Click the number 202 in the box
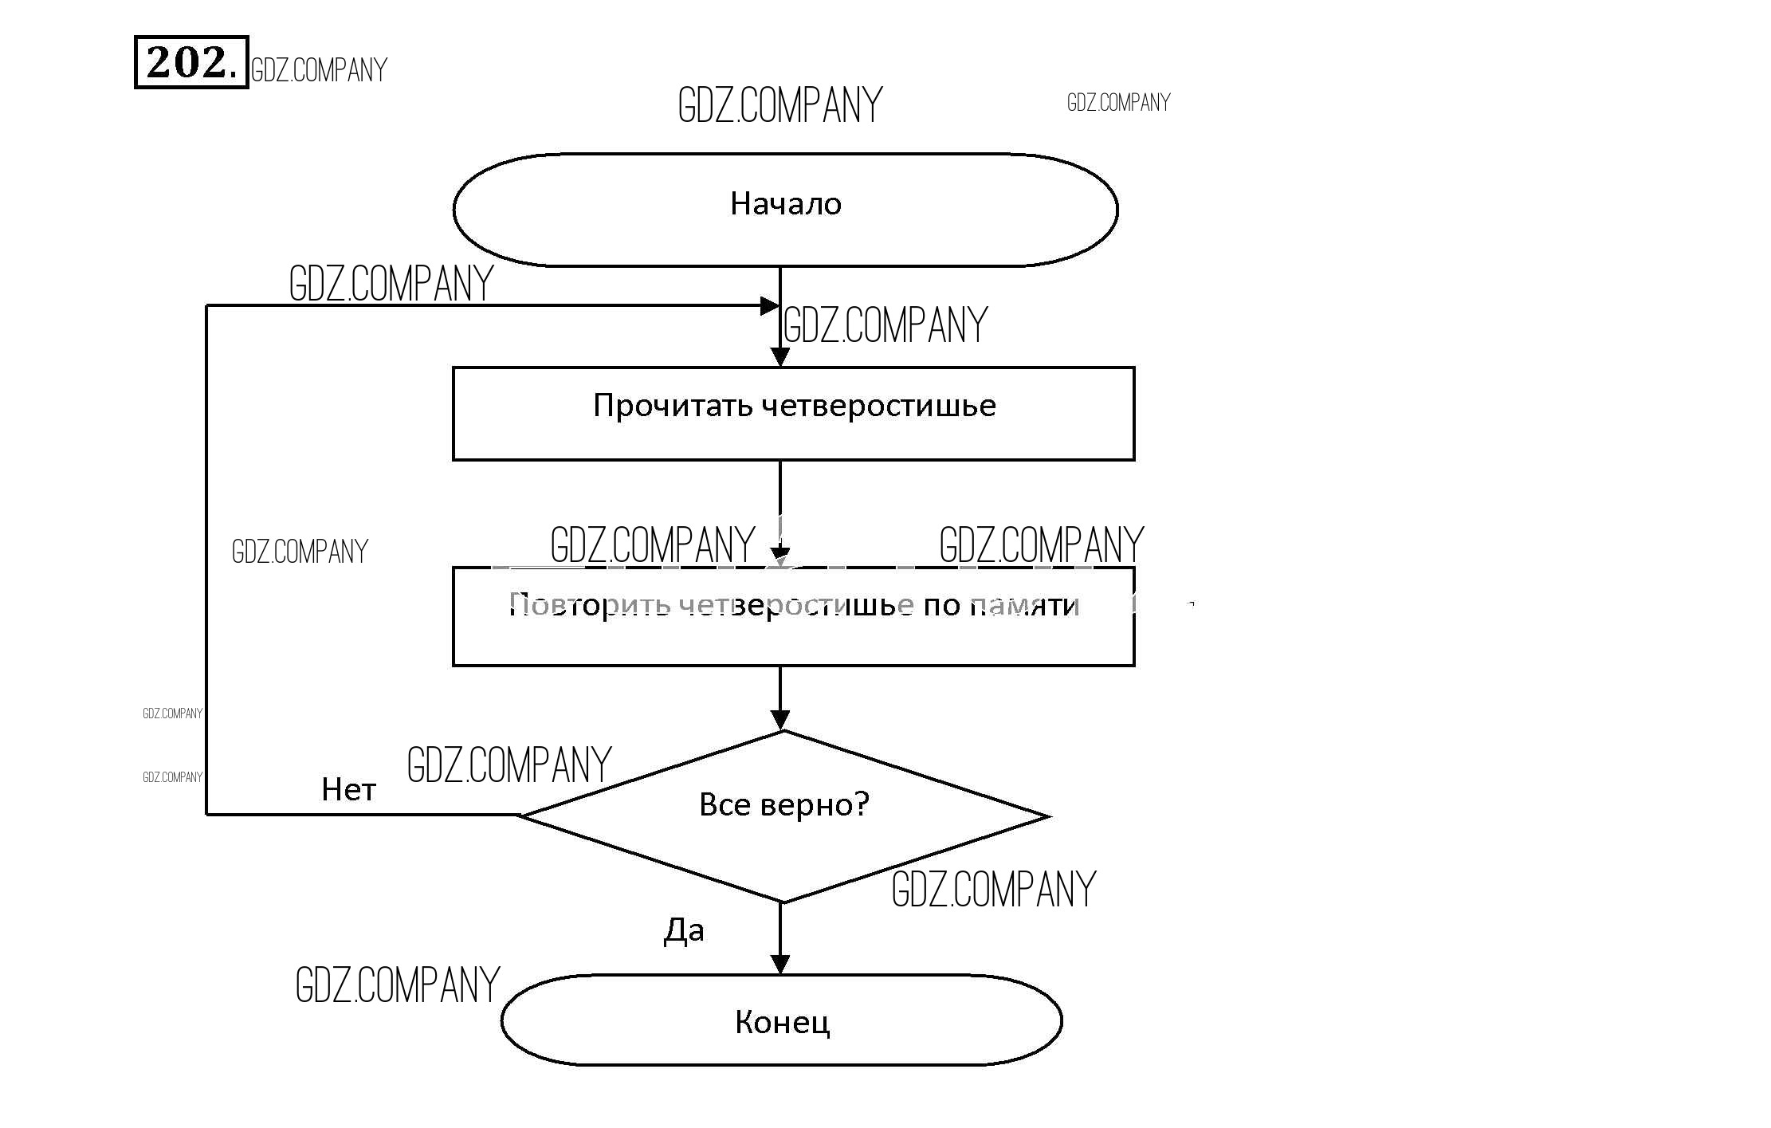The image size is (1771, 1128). point(190,62)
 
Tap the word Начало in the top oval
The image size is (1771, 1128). point(785,204)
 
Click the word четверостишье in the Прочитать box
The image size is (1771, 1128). point(878,406)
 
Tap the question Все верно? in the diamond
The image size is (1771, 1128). point(783,804)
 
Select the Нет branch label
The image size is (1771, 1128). point(348,789)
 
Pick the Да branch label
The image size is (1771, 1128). point(684,930)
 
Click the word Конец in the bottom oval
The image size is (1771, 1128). point(782,1022)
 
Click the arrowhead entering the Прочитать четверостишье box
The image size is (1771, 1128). point(780,357)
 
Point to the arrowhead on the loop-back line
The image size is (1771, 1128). point(770,305)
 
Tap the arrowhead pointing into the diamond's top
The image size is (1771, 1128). point(780,720)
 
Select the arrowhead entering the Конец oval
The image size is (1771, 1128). point(780,964)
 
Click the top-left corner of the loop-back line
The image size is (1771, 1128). point(207,305)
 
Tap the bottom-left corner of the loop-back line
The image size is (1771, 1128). point(207,814)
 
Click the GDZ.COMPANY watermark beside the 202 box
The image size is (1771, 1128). point(319,70)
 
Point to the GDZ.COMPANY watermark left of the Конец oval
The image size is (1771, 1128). point(397,985)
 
